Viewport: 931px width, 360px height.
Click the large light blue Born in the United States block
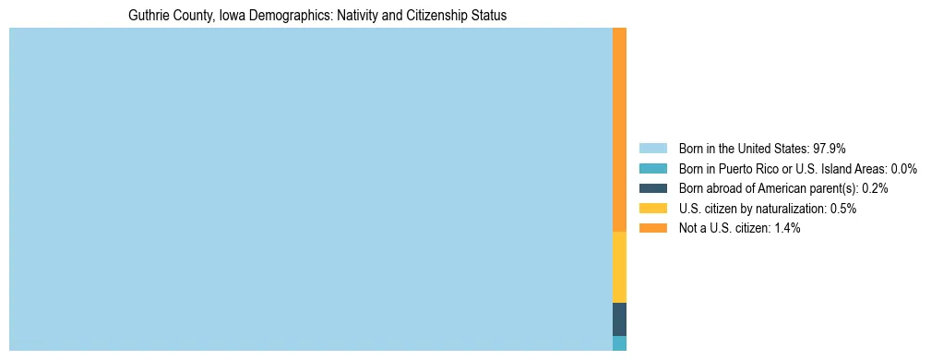[x=310, y=189]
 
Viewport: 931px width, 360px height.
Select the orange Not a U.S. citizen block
[x=620, y=129]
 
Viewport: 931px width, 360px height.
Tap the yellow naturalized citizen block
[x=620, y=267]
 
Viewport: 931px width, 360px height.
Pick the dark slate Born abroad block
[x=620, y=318]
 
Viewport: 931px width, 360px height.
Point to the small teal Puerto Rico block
[x=620, y=343]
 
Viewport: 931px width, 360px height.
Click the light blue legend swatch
[x=652, y=149]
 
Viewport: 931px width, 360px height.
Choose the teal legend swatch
[x=652, y=169]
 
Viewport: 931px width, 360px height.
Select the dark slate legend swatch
[x=652, y=188]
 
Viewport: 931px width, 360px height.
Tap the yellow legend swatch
[x=652, y=209]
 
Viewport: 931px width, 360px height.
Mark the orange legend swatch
[x=652, y=228]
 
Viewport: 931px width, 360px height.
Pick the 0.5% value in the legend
[x=842, y=209]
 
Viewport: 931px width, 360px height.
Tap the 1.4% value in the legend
[x=785, y=228]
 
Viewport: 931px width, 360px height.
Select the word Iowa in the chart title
[x=233, y=16]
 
